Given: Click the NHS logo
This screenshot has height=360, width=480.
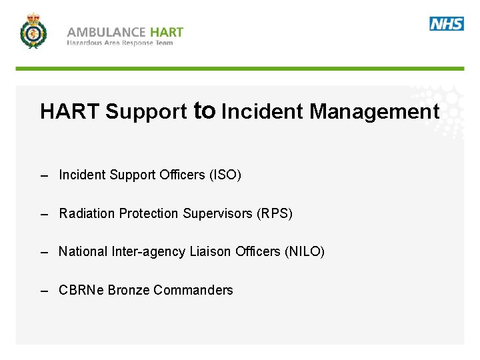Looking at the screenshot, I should [x=447, y=24].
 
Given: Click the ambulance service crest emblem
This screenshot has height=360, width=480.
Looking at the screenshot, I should [x=33, y=31].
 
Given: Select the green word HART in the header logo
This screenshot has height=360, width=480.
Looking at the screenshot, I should [x=167, y=31].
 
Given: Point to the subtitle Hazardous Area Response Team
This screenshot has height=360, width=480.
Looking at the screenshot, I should [x=120, y=43].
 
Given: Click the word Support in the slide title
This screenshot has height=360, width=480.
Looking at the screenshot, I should [x=146, y=112].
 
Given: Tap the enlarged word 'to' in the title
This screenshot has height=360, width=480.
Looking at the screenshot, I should [x=204, y=110].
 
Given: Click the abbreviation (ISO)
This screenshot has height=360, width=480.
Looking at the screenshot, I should [x=225, y=175].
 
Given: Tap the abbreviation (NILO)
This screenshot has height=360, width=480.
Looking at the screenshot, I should [x=304, y=252].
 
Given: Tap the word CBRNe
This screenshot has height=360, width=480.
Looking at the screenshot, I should [x=81, y=290].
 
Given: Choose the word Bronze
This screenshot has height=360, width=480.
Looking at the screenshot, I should [x=129, y=290].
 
